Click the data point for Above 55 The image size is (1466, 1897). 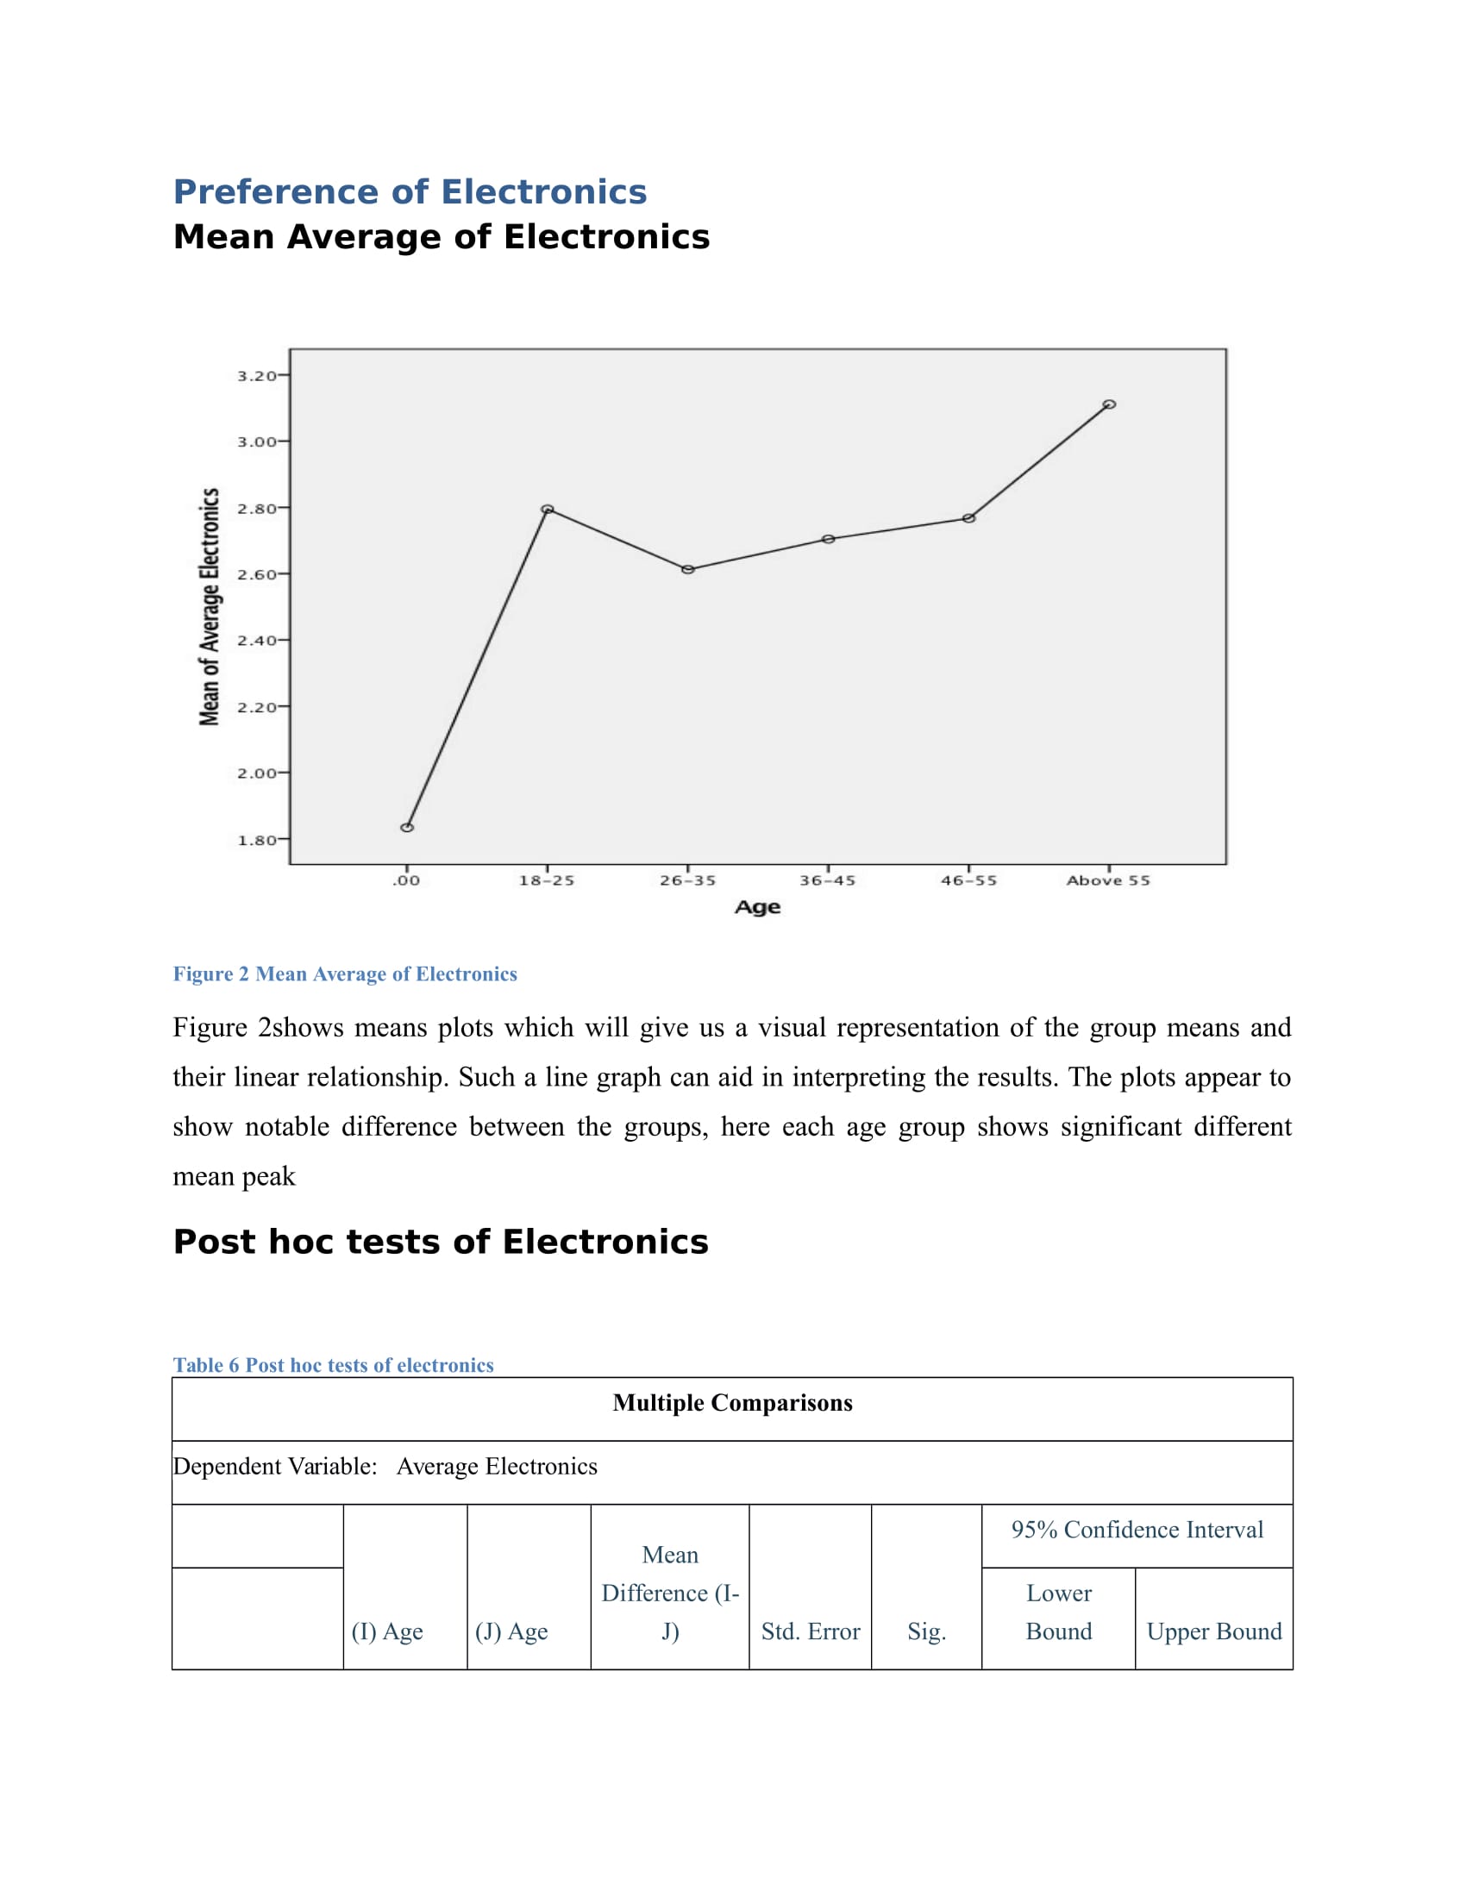click(x=1109, y=404)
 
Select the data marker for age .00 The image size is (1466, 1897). click(x=406, y=827)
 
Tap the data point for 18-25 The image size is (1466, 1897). click(x=547, y=509)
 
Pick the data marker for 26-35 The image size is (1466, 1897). click(x=688, y=570)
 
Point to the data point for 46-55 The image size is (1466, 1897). click(x=968, y=518)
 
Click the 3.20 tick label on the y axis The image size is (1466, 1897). click(x=256, y=375)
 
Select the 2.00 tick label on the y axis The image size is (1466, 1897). click(x=256, y=773)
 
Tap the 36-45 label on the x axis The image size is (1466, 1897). click(x=828, y=880)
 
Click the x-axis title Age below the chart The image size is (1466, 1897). click(x=757, y=908)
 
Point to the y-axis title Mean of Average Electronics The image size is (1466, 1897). click(x=210, y=606)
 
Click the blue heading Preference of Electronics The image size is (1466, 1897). click(x=410, y=192)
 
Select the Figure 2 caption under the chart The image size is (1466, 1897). click(x=345, y=974)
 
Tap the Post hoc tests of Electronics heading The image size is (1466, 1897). click(x=441, y=1242)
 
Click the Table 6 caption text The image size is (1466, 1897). click(x=333, y=1365)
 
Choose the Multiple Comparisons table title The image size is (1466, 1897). click(x=732, y=1403)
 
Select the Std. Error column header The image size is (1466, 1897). click(x=811, y=1631)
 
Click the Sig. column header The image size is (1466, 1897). click(x=927, y=1631)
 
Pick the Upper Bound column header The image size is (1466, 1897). click(x=1214, y=1631)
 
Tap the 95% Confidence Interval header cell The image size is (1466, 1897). click(x=1137, y=1530)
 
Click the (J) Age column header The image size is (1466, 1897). click(x=511, y=1631)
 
